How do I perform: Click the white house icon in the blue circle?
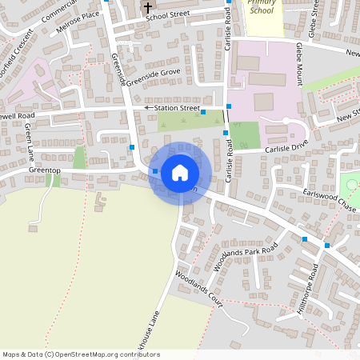click(x=179, y=173)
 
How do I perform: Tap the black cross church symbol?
click(x=147, y=7)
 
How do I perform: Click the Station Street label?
click(x=177, y=107)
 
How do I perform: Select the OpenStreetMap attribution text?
click(x=81, y=354)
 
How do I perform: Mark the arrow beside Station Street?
click(x=148, y=107)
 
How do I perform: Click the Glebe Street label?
click(x=314, y=18)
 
